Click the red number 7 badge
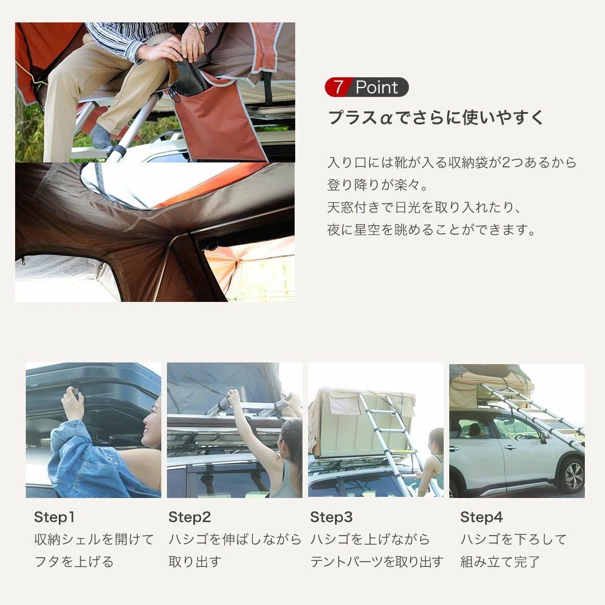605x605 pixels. click(338, 87)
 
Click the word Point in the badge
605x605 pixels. click(376, 87)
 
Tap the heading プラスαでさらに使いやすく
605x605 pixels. click(436, 118)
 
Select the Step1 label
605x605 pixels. click(54, 517)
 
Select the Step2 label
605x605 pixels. click(190, 517)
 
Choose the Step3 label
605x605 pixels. click(332, 517)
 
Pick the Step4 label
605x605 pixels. click(482, 517)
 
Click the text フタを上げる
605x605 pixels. click(74, 562)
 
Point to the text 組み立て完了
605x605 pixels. click(500, 562)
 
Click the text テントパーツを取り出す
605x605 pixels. click(376, 562)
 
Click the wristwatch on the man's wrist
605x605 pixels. click(197, 26)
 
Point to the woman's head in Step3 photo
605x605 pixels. click(436, 441)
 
